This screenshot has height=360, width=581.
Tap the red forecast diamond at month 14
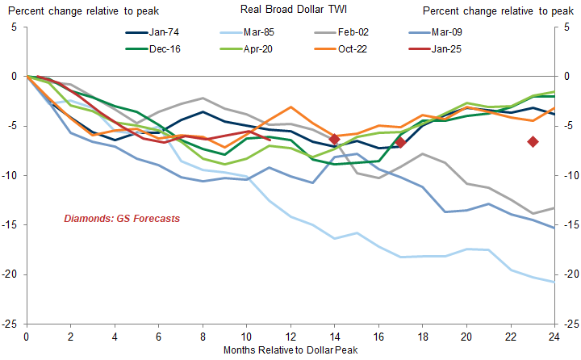[334, 140]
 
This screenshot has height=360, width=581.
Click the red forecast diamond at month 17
[400, 142]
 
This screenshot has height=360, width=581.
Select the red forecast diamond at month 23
[533, 141]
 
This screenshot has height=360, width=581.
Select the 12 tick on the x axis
[290, 336]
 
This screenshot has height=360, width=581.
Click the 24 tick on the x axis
[554, 336]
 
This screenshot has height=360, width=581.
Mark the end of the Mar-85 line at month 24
[554, 282]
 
